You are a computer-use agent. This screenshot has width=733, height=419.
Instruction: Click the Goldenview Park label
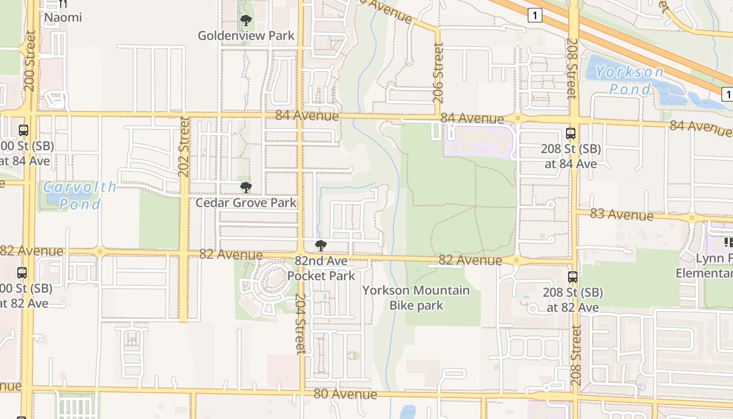[x=246, y=36]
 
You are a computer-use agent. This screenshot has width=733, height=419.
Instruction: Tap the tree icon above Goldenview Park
[x=246, y=21]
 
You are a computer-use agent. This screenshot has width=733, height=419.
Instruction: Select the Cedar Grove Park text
[x=246, y=203]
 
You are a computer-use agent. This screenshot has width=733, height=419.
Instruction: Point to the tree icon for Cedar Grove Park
[x=246, y=188]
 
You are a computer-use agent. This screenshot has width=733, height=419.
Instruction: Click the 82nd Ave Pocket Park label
[x=321, y=268]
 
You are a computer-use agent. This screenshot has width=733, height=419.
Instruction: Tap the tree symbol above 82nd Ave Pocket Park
[x=321, y=246]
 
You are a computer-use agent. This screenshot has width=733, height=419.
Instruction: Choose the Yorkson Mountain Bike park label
[x=416, y=297]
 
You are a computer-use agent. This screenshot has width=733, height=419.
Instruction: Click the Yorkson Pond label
[x=630, y=80]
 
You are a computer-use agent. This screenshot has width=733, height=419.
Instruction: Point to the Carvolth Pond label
[x=80, y=195]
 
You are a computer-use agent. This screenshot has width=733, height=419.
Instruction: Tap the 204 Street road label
[x=300, y=323]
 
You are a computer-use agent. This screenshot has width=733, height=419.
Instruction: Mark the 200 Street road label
[x=30, y=61]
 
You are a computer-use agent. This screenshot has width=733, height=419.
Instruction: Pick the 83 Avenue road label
[x=621, y=214]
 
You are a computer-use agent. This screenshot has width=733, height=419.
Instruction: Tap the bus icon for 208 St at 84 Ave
[x=571, y=134]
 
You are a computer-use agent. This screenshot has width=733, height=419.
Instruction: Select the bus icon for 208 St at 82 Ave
[x=573, y=277]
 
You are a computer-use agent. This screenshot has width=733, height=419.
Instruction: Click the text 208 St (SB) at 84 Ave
[x=571, y=156]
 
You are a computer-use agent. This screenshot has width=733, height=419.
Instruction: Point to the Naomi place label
[x=63, y=17]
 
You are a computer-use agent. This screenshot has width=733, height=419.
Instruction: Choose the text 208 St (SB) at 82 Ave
[x=573, y=300]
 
